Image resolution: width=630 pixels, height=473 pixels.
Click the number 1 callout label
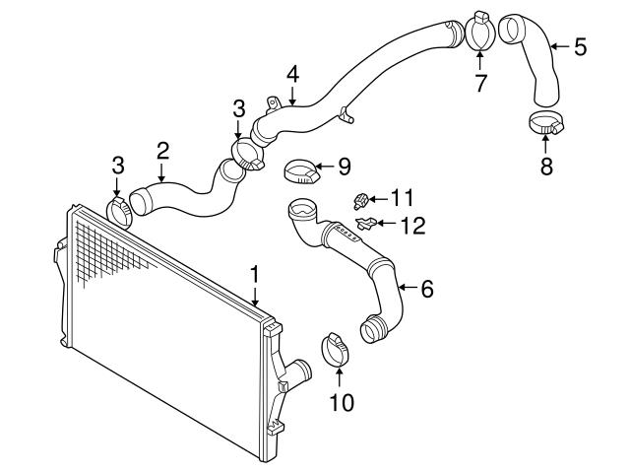(x=255, y=273)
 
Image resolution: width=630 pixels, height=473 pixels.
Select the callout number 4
(x=292, y=74)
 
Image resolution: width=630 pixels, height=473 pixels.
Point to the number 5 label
(x=580, y=45)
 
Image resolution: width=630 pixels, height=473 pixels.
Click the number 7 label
(x=480, y=83)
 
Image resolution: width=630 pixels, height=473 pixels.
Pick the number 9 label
(x=344, y=167)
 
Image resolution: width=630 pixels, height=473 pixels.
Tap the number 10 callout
(x=340, y=402)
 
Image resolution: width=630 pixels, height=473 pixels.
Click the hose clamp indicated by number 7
(x=479, y=33)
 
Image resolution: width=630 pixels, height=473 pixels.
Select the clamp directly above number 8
(x=546, y=125)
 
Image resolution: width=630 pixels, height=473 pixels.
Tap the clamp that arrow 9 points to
(x=301, y=171)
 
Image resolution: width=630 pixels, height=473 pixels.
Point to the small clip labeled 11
(x=360, y=203)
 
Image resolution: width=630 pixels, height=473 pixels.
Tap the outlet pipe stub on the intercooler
(x=296, y=373)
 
